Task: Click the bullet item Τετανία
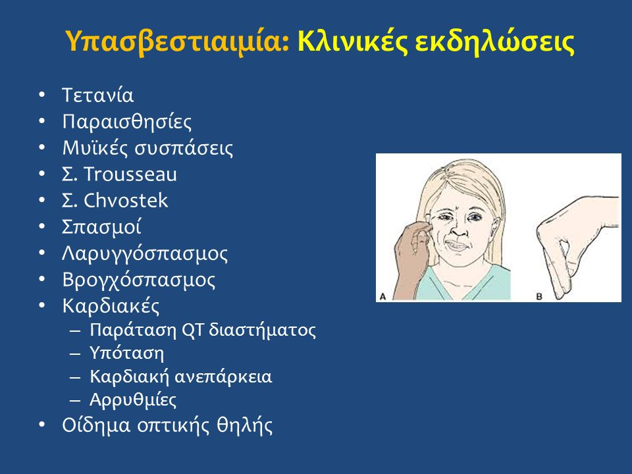point(97,95)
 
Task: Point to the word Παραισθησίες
point(127,122)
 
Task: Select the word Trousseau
point(130,174)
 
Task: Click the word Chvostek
point(126,200)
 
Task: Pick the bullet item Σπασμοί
point(101,226)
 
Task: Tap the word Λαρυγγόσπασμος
point(145,253)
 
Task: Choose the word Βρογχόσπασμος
point(139,280)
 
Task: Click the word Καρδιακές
point(111,305)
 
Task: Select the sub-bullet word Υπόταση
point(126,353)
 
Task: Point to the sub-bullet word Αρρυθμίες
point(133,400)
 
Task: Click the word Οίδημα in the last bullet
point(96,425)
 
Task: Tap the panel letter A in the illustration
point(383,297)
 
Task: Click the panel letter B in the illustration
point(539,297)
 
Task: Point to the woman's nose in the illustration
point(459,229)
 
